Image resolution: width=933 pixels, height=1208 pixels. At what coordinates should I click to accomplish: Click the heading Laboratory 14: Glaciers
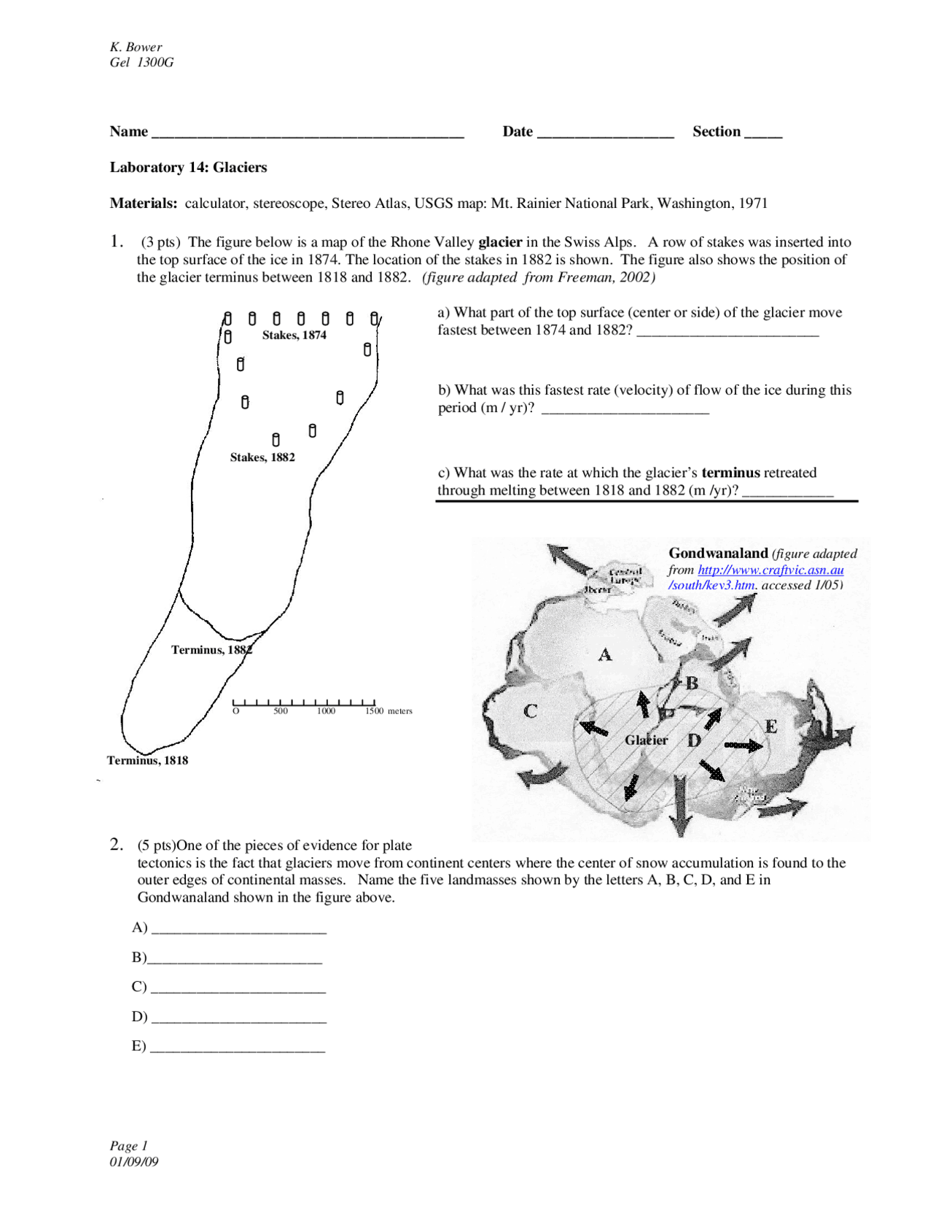pyautogui.click(x=188, y=167)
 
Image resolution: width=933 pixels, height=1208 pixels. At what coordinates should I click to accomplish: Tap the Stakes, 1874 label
pyautogui.click(x=294, y=335)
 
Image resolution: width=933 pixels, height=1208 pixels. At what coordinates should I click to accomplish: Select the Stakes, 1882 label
pyautogui.click(x=262, y=457)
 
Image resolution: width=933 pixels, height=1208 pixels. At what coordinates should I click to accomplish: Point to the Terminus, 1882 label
pyautogui.click(x=211, y=650)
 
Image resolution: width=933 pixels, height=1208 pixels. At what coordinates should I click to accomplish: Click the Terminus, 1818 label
pyautogui.click(x=147, y=760)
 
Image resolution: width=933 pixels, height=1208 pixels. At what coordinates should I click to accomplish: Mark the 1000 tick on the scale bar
pyautogui.click(x=326, y=703)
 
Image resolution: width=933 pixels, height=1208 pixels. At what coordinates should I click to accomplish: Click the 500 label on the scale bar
pyautogui.click(x=281, y=711)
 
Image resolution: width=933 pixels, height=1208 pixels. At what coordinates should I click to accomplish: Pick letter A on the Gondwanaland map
pyautogui.click(x=605, y=654)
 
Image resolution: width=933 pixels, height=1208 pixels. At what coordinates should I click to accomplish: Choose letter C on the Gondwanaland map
pyautogui.click(x=531, y=711)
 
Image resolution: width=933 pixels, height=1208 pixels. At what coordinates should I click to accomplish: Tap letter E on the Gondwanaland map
pyautogui.click(x=770, y=727)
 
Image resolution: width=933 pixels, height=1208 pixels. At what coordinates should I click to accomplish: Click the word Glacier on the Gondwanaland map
pyautogui.click(x=646, y=740)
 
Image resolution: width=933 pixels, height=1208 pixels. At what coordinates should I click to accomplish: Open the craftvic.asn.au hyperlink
pyautogui.click(x=770, y=570)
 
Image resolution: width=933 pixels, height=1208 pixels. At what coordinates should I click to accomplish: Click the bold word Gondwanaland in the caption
pyautogui.click(x=718, y=553)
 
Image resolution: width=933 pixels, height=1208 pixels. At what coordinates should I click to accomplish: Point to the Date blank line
pyautogui.click(x=605, y=133)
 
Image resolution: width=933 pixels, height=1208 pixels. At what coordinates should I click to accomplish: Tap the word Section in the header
pyautogui.click(x=716, y=131)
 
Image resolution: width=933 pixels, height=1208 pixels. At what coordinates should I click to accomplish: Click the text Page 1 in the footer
pyautogui.click(x=129, y=1145)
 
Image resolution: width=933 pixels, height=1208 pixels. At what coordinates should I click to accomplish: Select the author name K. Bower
pyautogui.click(x=136, y=47)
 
